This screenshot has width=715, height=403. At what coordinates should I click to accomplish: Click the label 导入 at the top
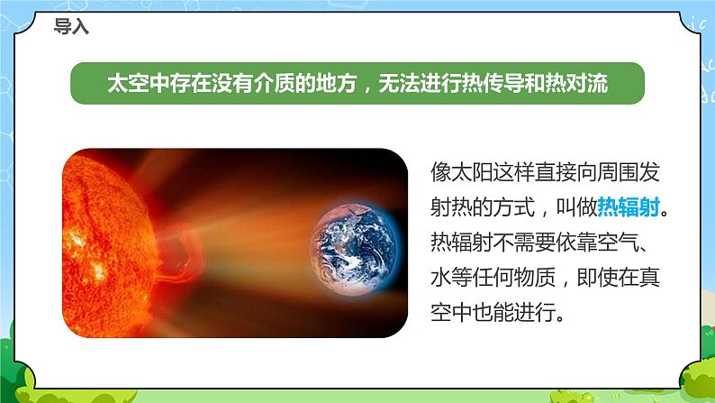click(72, 27)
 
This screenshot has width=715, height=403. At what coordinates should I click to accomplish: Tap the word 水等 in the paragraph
click(454, 279)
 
